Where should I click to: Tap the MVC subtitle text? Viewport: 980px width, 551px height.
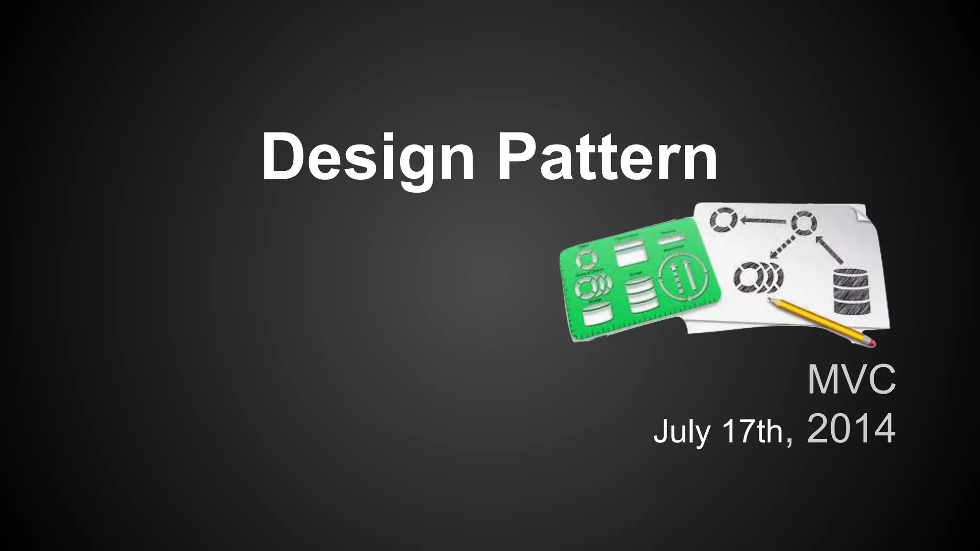click(851, 380)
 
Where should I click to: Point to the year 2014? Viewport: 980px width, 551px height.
click(851, 429)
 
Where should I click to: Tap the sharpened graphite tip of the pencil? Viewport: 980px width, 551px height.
click(770, 300)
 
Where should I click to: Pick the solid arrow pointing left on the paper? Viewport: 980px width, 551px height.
click(764, 221)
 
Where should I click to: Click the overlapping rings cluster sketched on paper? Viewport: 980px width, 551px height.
click(757, 277)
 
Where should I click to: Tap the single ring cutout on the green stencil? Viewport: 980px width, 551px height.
click(586, 259)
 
